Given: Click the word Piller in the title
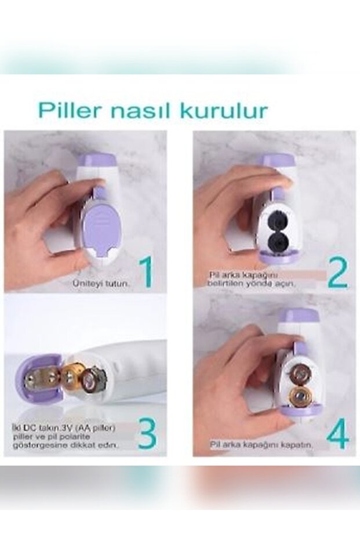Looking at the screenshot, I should point(69,110).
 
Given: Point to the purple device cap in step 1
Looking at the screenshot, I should point(99,160).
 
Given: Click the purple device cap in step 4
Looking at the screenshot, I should point(299,316).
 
